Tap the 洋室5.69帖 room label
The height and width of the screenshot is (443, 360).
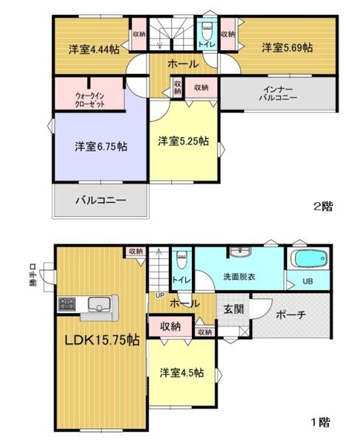click(286, 47)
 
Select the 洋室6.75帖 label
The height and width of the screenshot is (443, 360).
click(100, 146)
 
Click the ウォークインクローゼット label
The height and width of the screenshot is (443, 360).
click(90, 100)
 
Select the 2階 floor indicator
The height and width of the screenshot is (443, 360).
click(322, 207)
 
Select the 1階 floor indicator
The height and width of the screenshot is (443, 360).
click(319, 422)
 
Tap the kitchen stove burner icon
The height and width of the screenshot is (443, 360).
click(68, 304)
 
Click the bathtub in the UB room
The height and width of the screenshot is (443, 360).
click(308, 261)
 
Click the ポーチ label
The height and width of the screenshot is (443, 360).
click(291, 314)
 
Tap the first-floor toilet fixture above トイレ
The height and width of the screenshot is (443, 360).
click(181, 261)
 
